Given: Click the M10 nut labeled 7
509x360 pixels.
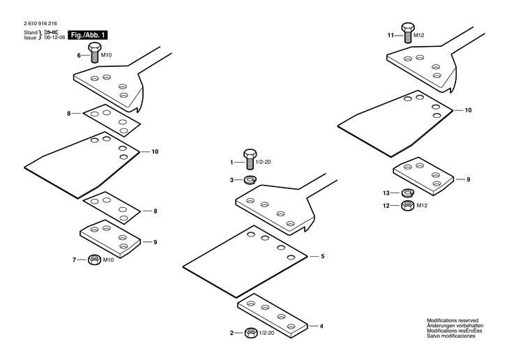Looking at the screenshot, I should pos(93,260).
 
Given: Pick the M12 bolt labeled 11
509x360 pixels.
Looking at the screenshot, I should pos(407,33).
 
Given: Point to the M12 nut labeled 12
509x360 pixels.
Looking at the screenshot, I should pos(408,205).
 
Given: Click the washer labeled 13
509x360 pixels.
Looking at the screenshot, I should pos(408,193).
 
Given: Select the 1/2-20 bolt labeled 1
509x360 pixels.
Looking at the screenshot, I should pos(250,160).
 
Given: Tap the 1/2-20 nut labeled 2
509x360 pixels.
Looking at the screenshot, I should pos(252,333).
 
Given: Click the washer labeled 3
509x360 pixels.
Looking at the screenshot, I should pos(251,180).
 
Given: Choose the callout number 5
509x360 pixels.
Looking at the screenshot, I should pos(323,257).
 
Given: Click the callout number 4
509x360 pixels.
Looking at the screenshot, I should pos(321,325).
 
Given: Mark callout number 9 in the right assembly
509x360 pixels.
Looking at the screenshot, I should pos(468,179).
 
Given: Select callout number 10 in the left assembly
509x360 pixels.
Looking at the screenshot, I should pos(154,151).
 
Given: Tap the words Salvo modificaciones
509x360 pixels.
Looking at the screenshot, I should pos(451,336).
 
